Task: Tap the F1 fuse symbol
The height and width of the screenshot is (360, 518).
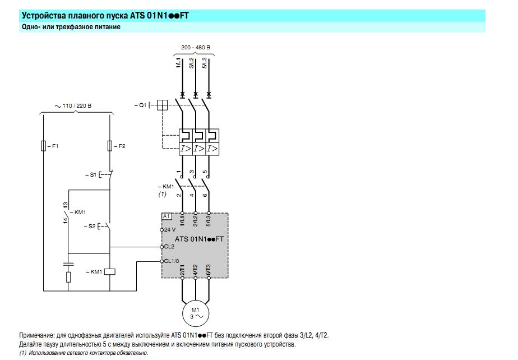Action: pos(44,146)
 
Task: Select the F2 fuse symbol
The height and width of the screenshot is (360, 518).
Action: pos(110,146)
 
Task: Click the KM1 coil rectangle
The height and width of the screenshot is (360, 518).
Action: pos(110,272)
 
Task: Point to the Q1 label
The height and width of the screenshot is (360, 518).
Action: pos(140,105)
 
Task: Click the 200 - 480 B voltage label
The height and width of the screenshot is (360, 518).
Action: pos(196,47)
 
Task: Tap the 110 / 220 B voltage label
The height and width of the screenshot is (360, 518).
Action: pos(73,106)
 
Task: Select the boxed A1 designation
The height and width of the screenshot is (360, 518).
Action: pos(166,216)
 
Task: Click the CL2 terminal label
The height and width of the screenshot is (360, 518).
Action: pos(169,247)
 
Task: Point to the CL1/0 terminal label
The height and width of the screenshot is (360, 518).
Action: pos(172,261)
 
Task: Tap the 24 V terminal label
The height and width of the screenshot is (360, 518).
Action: pos(170,229)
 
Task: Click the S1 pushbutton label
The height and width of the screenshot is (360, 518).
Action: pos(91,174)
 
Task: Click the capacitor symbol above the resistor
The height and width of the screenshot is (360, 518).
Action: pos(68,264)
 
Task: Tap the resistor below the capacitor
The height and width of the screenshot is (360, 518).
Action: pos(68,277)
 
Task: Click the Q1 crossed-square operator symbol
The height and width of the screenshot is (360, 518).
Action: pos(162,105)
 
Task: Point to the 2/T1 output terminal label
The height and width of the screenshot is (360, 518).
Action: pos(182,270)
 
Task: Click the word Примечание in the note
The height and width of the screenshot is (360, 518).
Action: pos(37,335)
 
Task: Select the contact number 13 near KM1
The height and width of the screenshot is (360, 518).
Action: pos(66,205)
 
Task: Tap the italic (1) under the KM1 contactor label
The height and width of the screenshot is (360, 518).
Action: pos(162,194)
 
